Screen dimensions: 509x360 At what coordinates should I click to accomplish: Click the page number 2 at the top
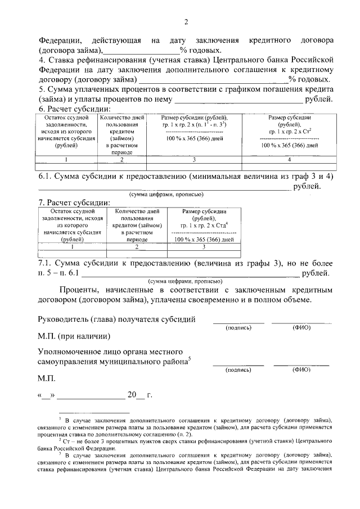186,22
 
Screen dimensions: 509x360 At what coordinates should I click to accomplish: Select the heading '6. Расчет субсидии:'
74,109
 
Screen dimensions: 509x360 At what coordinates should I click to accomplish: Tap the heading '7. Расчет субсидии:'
74,203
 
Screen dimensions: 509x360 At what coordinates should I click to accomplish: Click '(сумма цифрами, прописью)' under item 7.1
185,281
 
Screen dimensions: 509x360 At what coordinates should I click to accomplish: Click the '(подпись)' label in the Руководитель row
238,327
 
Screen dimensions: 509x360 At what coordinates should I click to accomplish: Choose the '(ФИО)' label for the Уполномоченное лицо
301,370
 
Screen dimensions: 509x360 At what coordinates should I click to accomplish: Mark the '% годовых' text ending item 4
309,79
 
